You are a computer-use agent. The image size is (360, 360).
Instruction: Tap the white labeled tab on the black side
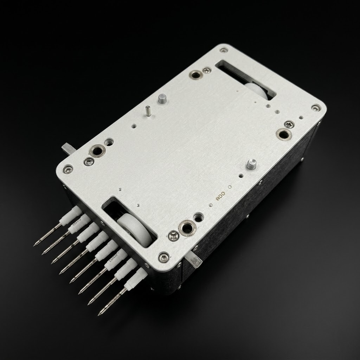194,261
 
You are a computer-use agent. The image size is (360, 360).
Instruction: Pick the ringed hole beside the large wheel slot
186,227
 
